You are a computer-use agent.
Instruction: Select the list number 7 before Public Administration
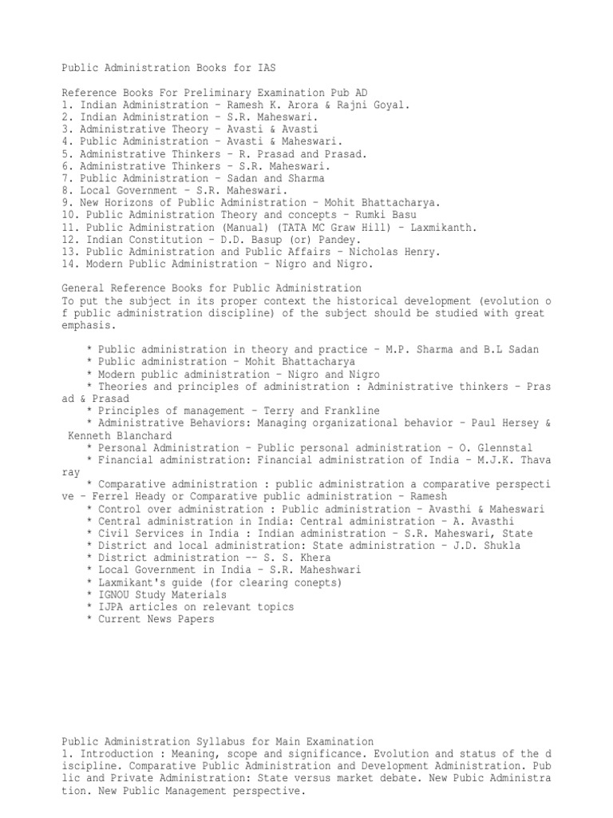[x=65, y=178]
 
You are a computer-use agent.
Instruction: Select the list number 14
[x=68, y=264]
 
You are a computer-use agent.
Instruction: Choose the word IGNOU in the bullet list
[x=113, y=594]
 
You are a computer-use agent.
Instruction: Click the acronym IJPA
[x=110, y=607]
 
